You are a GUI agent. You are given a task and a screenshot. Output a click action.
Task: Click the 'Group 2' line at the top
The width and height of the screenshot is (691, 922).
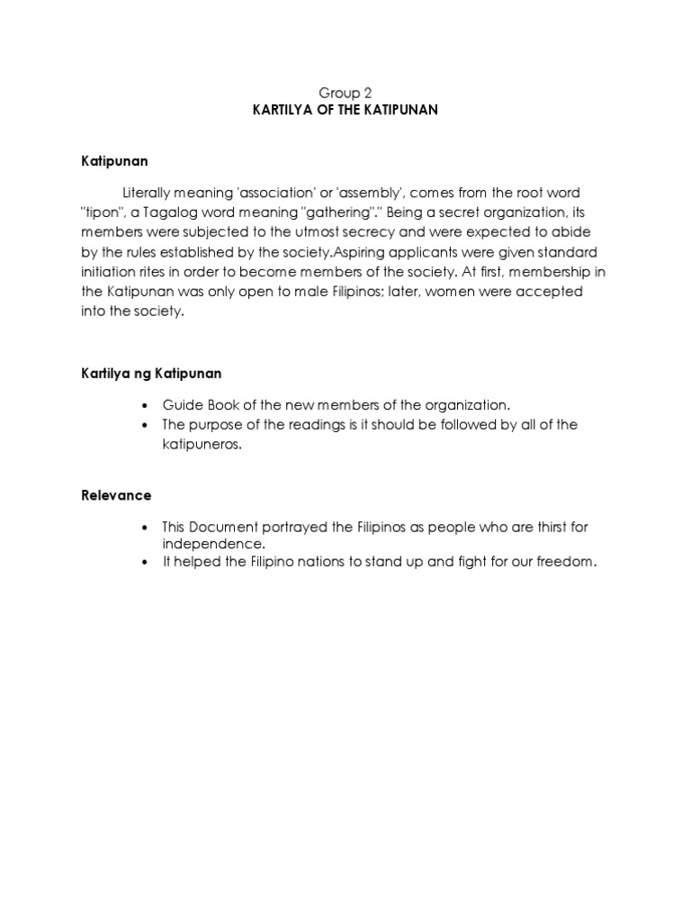(x=345, y=93)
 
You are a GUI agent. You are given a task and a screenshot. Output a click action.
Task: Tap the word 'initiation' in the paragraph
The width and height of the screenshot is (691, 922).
(x=106, y=271)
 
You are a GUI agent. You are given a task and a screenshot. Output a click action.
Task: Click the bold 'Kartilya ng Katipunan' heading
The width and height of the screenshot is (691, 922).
(x=149, y=373)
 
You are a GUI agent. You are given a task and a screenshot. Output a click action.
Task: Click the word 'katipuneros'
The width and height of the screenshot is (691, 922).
(x=202, y=446)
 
